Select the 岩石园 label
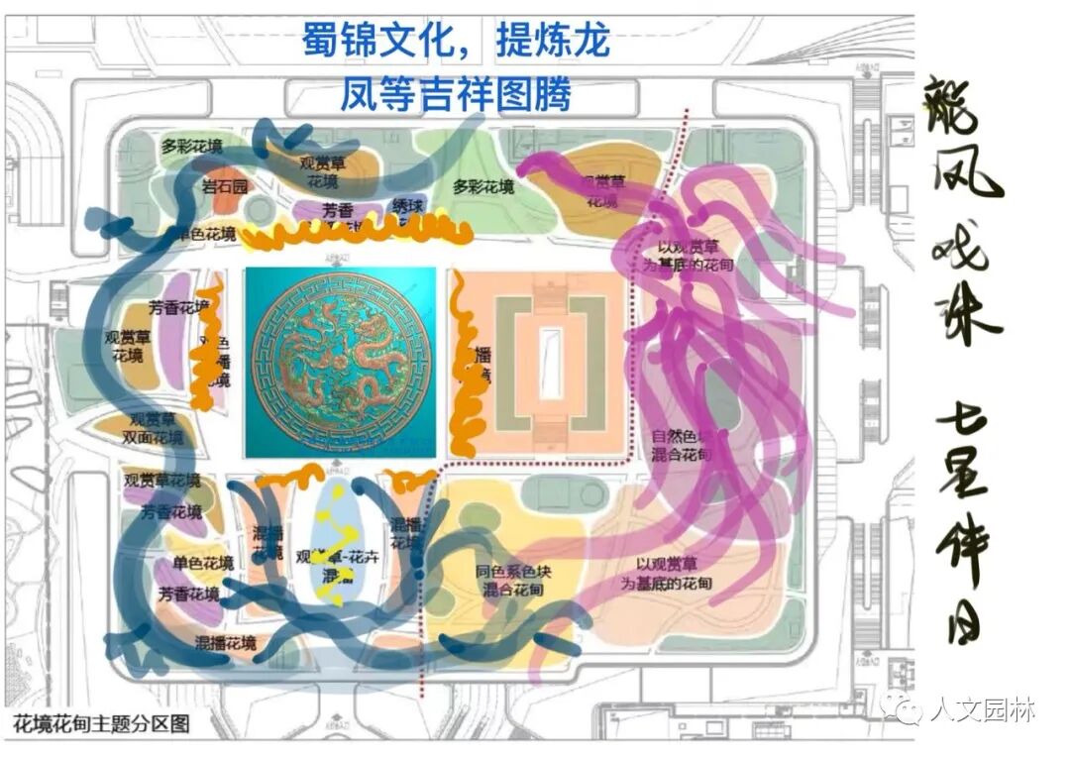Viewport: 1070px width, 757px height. (225, 186)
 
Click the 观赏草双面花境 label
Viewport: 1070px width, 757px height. (152, 428)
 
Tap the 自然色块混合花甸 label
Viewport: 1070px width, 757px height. (681, 446)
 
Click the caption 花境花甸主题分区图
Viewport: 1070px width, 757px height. (100, 724)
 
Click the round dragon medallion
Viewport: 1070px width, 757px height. (341, 364)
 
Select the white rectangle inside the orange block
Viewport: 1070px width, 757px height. (550, 363)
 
